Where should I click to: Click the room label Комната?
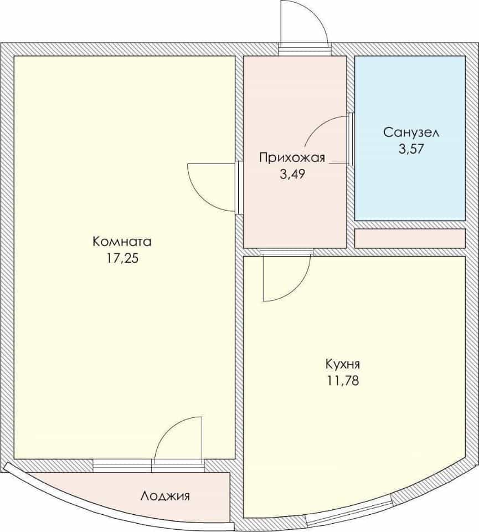coord(122,242)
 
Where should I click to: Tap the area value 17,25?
coord(123,259)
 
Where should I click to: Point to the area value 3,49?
coord(292,175)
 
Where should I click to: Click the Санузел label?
coord(411,132)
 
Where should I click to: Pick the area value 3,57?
coord(411,149)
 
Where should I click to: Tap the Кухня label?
coord(343,365)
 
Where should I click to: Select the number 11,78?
coord(343,381)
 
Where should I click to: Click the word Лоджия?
coord(165,496)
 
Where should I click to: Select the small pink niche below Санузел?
coord(410,238)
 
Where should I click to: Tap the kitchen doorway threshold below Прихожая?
coord(286,252)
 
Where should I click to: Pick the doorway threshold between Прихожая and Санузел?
coord(351,140)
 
